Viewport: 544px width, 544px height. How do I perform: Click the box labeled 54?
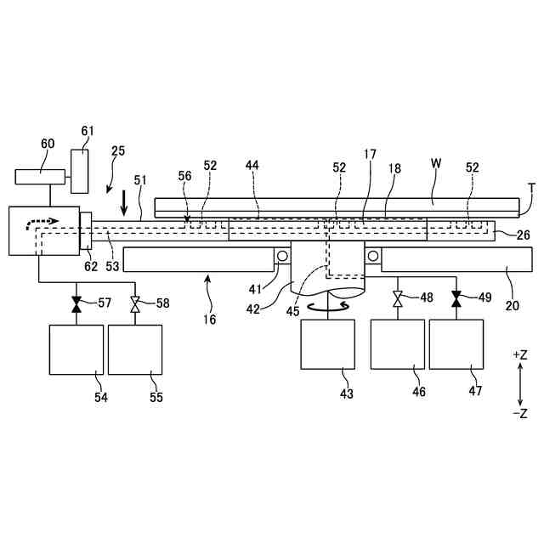point(76,348)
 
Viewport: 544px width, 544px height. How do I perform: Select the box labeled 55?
point(134,348)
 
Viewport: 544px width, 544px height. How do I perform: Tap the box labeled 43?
point(327,344)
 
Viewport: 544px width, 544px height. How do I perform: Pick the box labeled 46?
point(397,344)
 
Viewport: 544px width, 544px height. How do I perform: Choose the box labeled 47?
point(456,344)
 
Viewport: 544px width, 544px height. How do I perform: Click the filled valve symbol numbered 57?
point(76,303)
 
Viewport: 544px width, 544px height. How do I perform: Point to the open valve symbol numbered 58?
point(134,303)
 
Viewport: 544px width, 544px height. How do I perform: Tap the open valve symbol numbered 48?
point(397,298)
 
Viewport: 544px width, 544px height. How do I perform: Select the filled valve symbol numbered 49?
point(456,298)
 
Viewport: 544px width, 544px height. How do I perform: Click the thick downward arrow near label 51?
point(125,202)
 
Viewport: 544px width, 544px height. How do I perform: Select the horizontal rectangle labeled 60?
point(40,177)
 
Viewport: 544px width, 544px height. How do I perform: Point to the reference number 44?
point(252,165)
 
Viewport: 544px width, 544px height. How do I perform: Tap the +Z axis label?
point(520,354)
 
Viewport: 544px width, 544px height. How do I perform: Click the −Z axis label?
point(520,414)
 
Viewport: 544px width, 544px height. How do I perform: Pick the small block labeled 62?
point(85,231)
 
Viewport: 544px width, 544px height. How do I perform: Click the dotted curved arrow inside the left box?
point(42,223)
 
